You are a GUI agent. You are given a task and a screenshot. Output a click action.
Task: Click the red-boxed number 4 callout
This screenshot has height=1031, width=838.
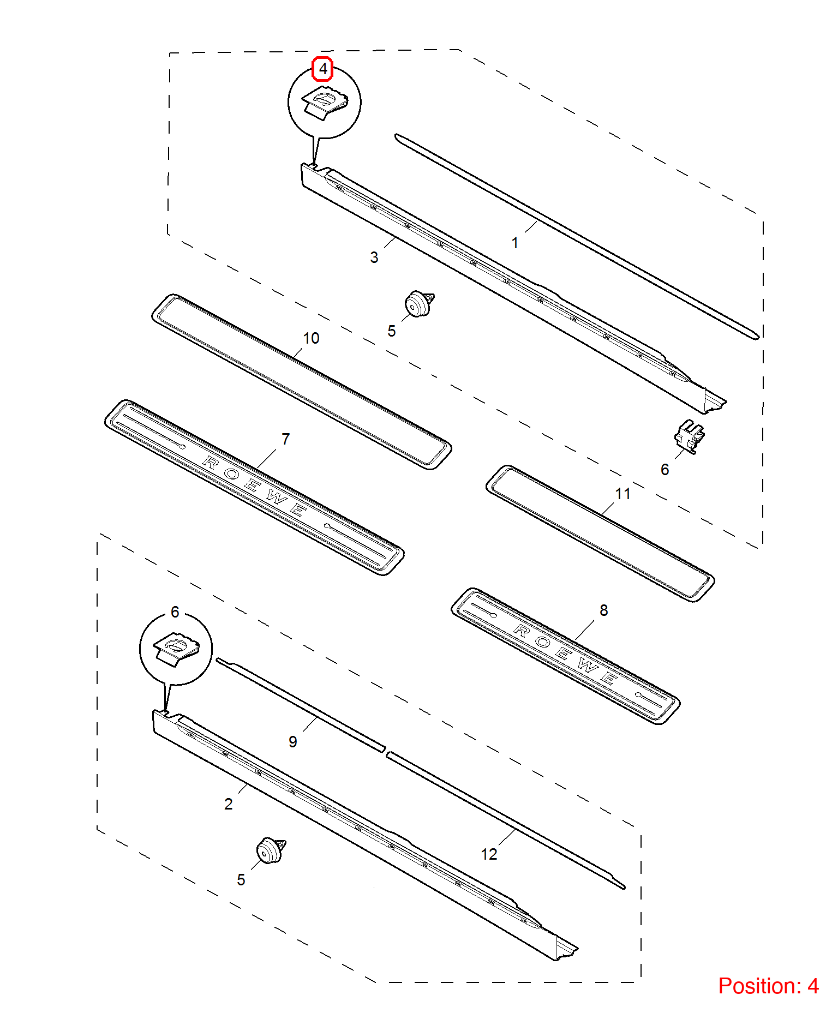322,69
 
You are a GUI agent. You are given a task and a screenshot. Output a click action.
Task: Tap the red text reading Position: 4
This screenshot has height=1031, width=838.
768,986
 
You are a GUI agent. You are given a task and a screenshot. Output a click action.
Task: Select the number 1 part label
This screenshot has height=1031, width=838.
514,243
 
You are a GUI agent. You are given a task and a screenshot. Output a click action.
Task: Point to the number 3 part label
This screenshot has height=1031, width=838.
374,257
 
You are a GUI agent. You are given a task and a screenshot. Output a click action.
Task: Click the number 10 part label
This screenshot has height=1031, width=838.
311,338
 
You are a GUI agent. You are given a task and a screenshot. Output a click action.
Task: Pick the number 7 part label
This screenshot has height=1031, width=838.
285,439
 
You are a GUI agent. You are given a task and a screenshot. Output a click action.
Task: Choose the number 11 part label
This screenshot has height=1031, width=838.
622,494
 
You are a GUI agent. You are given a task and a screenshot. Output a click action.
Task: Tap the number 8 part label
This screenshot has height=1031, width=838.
603,610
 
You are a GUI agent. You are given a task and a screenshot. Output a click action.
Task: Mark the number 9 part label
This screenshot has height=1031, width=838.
293,742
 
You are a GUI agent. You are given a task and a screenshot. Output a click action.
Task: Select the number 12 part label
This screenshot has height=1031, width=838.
489,854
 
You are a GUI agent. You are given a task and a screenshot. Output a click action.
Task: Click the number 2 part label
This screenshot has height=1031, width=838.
228,804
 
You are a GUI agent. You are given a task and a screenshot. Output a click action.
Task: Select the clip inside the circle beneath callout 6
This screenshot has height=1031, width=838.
176,649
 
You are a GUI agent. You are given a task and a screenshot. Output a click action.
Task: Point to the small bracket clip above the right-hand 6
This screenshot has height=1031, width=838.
689,436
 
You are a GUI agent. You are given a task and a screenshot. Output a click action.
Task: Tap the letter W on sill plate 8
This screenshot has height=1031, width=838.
588,665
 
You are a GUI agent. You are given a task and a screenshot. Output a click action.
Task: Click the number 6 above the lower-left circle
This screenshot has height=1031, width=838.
175,612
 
